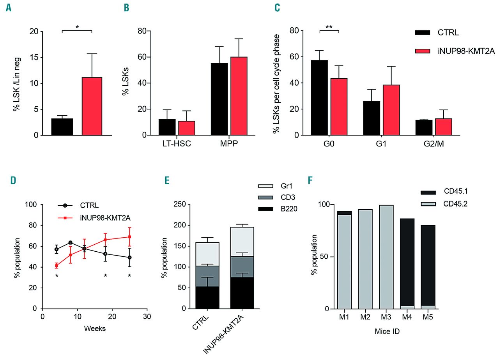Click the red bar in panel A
point(92,106)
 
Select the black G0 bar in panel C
point(319,97)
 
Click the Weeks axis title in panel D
point(95,328)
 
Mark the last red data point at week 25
point(129,236)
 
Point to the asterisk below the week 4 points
point(57,276)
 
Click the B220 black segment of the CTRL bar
point(207,298)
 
